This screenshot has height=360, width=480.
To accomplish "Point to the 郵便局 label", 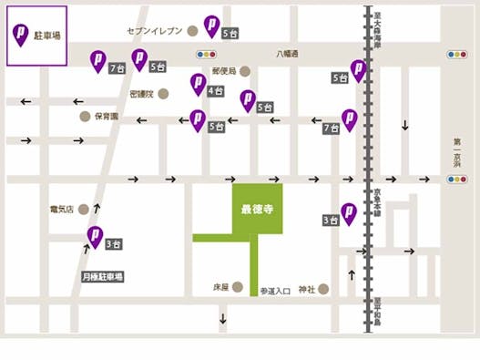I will pyautogui.click(x=224, y=70).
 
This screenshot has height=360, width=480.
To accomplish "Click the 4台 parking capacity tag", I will pyautogui.click(x=217, y=91).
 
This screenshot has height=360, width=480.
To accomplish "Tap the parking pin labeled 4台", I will pyautogui.click(x=198, y=83).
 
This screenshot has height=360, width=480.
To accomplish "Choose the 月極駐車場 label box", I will pyautogui.click(x=102, y=275).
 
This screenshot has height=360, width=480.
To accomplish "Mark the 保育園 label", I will pyautogui.click(x=107, y=117).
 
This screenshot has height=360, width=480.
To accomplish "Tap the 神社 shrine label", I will pyautogui.click(x=304, y=289).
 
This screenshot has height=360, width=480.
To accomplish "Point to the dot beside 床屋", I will pyautogui.click(x=236, y=288).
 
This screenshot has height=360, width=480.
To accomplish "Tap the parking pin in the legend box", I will pyautogui.click(x=20, y=35).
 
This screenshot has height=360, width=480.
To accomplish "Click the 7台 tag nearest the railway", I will pyautogui.click(x=331, y=129).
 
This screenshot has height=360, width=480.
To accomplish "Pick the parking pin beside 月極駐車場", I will pyautogui.click(x=94, y=236).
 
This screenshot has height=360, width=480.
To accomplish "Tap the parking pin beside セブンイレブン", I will pyautogui.click(x=211, y=25).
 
